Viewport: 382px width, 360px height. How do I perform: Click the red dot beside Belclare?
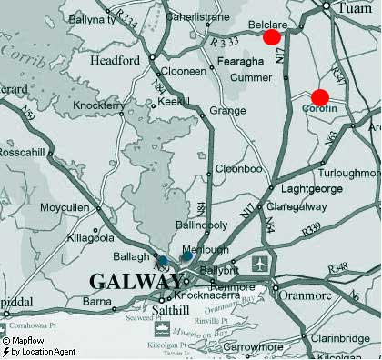tap(271, 37)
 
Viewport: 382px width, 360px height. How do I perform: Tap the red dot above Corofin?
tap(319, 97)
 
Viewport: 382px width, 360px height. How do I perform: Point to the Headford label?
tap(116, 60)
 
